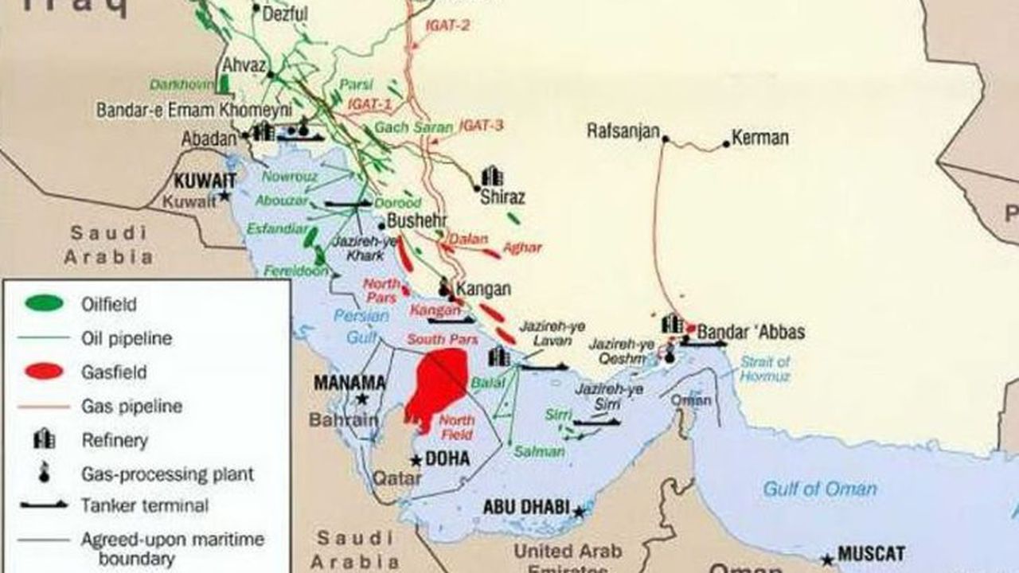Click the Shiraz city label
coord(502,197)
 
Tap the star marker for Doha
coord(416,460)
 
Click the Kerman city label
coord(760,138)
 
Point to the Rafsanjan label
coord(623,131)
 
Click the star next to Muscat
coord(829,559)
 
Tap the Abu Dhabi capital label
coord(526,507)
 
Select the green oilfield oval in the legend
coord(44,303)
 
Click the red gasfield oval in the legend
coord(44,372)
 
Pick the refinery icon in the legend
coord(44,439)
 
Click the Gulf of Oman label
coord(820,489)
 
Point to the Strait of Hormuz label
coord(765,369)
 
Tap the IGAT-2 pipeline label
coord(447,25)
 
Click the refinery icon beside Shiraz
coord(492,176)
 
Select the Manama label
coord(349,383)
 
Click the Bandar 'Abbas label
coord(752,332)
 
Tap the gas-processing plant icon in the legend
coord(44,473)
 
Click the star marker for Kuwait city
coord(225,195)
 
